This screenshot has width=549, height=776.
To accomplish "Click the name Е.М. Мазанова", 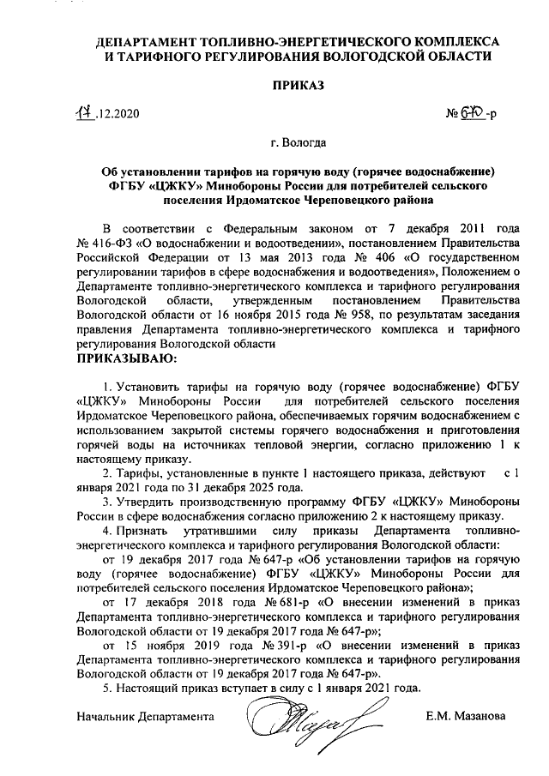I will tap(465, 716).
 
